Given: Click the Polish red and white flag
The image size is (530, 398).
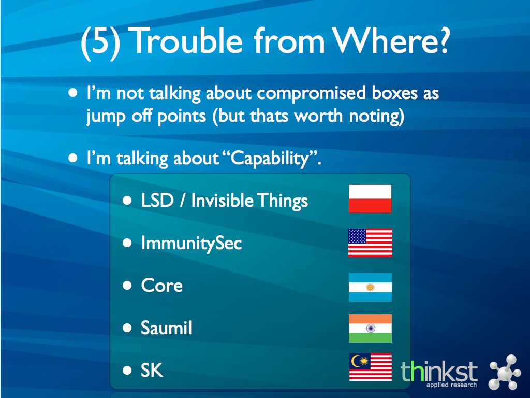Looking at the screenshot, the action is tap(370, 198).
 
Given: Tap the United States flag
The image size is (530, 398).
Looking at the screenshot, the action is tap(370, 243).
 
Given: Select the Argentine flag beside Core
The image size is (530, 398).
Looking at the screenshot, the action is tap(370, 287).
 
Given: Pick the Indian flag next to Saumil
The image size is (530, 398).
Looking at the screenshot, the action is tap(370, 328).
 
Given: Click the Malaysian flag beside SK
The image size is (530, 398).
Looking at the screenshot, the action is tap(371, 367).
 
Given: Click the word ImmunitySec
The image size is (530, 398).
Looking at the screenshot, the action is tap(192, 244).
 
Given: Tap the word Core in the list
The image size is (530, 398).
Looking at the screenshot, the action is tap(162, 286).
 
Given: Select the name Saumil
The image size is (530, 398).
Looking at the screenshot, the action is tap(166, 328).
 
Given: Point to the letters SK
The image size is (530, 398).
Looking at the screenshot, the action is tap(152, 370).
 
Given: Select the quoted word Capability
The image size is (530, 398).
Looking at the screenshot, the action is tap(270, 159).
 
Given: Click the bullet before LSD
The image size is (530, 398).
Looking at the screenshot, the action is tap(127, 201).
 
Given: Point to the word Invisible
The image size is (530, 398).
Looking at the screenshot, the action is tap(222, 200).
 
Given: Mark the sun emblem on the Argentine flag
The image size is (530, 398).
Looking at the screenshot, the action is tap(370, 287).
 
